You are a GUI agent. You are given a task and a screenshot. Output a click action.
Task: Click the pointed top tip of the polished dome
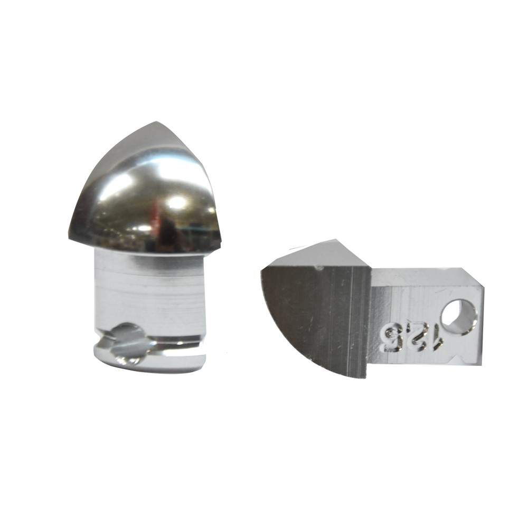[x=156, y=121]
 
